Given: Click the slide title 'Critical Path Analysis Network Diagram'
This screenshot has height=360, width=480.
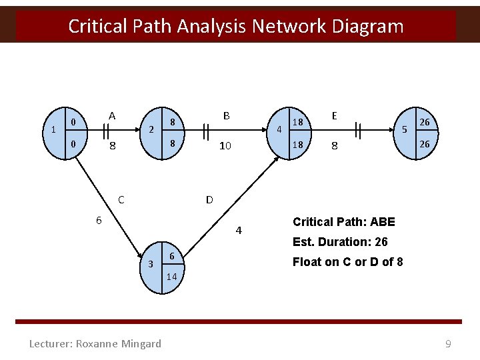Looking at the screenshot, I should coord(236,27).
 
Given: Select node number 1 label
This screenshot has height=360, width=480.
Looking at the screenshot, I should coord(53,129).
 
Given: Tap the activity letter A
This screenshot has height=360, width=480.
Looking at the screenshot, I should coord(112,116).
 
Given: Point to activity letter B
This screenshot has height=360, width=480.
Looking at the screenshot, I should coord(227,116).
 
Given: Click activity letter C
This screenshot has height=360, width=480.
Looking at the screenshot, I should coord(121,199).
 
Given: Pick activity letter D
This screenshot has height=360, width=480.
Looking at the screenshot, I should coord(209,199).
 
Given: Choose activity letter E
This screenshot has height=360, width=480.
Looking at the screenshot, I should coord(335,116).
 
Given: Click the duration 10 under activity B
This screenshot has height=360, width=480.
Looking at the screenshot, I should coord(225,145).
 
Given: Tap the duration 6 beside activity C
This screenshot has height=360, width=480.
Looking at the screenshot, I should coord(98,221).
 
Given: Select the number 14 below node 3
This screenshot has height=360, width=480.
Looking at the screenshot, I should coord(171,277).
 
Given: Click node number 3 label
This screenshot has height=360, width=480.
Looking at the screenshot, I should coord(151,265).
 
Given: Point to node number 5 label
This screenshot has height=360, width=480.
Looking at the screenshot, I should coord(404,129).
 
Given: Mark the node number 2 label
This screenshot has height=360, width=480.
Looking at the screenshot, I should coord(151,129).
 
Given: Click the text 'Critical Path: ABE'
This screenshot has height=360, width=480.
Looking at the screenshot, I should coord(344,222).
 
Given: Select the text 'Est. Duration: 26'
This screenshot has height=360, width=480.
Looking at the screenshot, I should coord(340,242).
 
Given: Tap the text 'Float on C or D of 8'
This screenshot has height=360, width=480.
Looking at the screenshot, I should coord(348,262).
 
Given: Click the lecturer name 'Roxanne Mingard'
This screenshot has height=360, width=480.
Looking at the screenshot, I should coord(119,344).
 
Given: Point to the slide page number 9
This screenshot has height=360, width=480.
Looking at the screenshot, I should coord(449,344).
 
